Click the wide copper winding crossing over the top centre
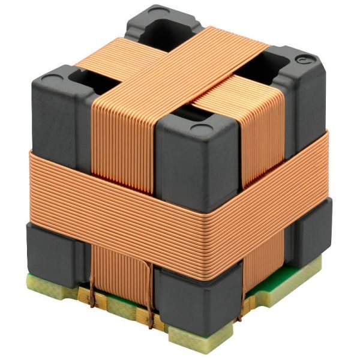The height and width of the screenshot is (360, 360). tap(180, 66)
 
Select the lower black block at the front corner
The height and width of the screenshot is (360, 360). tap(192, 300)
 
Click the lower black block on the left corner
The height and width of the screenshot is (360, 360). tap(51, 252)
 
